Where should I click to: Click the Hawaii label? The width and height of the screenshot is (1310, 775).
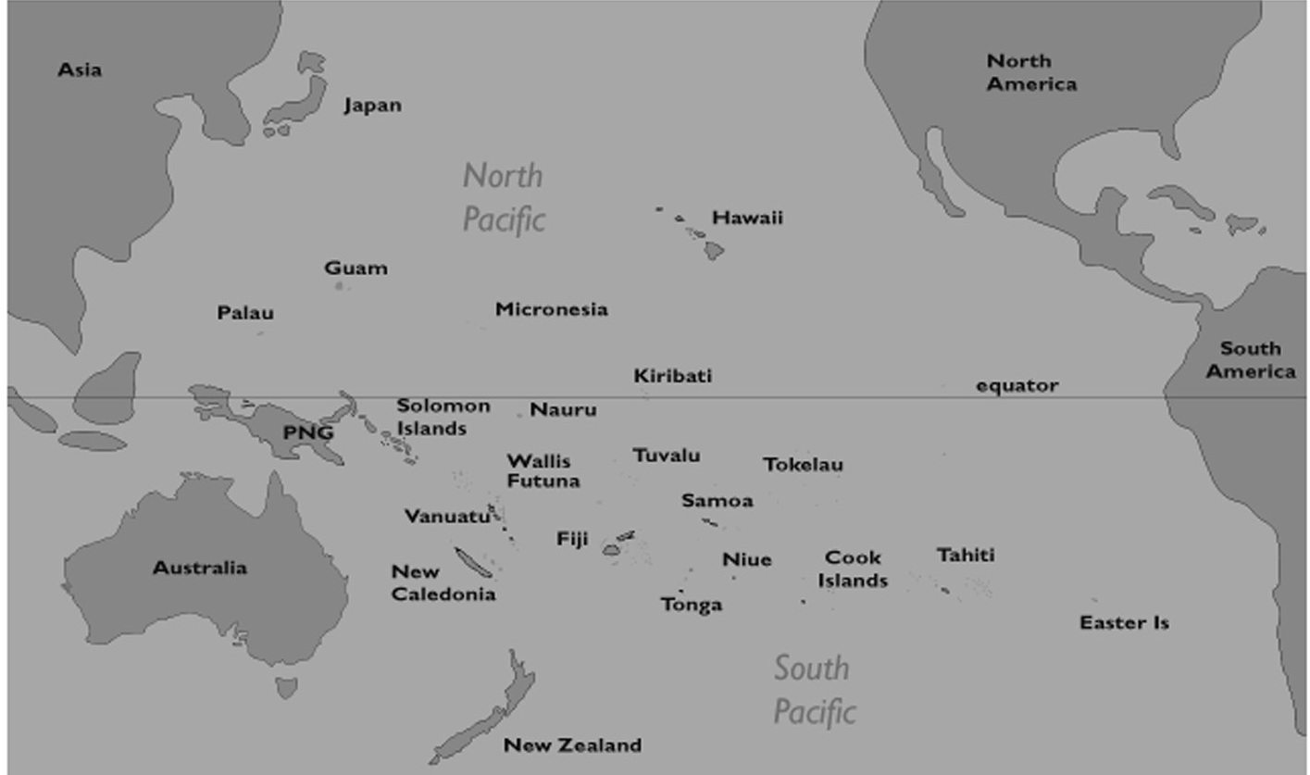tap(747, 219)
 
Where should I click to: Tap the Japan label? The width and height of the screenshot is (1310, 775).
tap(372, 106)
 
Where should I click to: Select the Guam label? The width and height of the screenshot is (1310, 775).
tap(356, 269)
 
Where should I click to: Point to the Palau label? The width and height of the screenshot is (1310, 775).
tap(245, 313)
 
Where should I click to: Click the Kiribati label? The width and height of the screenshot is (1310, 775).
tap(673, 376)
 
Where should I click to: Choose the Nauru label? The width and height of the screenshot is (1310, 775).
tap(563, 409)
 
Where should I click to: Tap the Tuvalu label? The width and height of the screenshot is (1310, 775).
tap(667, 456)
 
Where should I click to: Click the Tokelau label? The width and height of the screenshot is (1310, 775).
tap(803, 465)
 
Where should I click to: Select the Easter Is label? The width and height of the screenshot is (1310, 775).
tap(1124, 623)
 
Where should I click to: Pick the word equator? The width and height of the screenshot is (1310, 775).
tap(1017, 386)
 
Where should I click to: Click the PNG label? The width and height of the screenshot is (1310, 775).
tap(307, 432)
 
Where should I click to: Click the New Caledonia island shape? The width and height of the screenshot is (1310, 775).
tap(473, 562)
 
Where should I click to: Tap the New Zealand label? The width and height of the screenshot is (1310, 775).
tap(572, 745)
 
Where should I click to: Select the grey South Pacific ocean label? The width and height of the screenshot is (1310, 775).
tap(814, 690)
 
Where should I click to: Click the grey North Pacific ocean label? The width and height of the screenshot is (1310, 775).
tap(504, 197)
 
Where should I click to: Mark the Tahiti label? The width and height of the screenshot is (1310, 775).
tap(966, 556)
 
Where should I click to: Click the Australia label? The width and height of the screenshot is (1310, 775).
tap(200, 568)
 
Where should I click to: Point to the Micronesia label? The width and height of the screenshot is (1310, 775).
tap(551, 309)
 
